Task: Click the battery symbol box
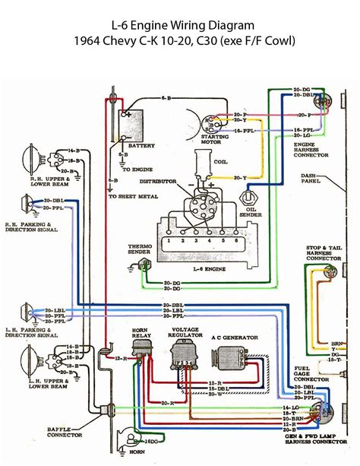131,122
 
